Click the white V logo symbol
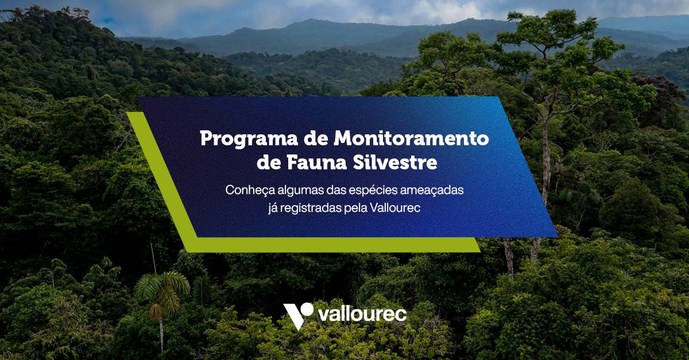[x=297, y=315]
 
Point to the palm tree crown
[x=162, y=287]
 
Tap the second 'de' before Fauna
[x=268, y=162]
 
